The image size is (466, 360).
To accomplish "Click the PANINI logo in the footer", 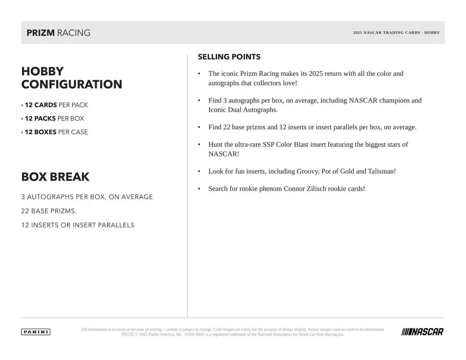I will (x=35, y=332).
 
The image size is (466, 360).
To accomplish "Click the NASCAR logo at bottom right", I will (x=422, y=332).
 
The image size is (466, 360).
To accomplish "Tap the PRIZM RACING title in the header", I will (x=58, y=33).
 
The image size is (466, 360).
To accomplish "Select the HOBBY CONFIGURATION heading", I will (x=71, y=78).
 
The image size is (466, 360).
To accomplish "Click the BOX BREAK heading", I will (x=56, y=177).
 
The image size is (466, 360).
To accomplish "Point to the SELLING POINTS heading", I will (x=229, y=57).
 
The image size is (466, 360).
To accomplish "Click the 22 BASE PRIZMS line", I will (x=49, y=211).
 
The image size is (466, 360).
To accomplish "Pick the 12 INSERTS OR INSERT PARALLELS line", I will (x=78, y=225).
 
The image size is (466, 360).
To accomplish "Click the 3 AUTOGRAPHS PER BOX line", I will (x=87, y=197).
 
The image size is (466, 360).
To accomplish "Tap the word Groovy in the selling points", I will (x=307, y=171).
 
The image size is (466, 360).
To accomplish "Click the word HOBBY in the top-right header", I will (x=432, y=33).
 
